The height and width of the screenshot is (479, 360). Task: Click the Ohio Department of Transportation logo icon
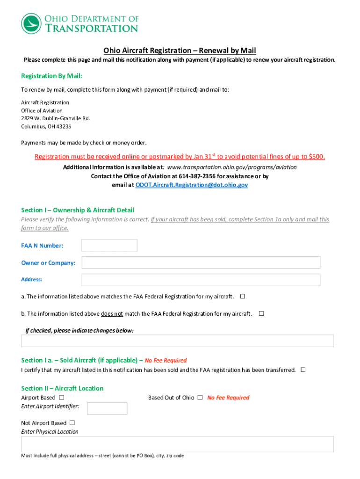click(31, 23)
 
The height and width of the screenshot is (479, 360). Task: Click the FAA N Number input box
click(109, 245)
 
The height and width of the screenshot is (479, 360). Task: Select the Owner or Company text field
click(201, 262)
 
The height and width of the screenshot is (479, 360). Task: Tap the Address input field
click(201, 280)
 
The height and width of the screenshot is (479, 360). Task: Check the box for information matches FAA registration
click(243, 297)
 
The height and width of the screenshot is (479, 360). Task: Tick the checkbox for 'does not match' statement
click(261, 313)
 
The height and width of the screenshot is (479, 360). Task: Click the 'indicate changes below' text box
click(177, 341)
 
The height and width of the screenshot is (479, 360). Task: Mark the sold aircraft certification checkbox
click(303, 370)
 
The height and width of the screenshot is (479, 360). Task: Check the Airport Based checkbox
click(62, 398)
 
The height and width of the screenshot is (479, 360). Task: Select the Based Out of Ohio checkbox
click(200, 398)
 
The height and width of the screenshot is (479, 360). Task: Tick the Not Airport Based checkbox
click(72, 423)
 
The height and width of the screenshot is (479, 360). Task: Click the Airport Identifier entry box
click(107, 408)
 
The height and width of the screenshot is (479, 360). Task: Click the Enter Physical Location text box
click(177, 444)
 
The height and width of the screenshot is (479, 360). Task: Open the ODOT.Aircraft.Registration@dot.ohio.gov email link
click(192, 185)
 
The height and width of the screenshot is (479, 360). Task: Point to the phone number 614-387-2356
click(196, 176)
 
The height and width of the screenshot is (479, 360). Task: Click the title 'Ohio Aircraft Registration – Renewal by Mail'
click(180, 51)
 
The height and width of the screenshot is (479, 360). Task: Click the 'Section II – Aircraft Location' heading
click(62, 388)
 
